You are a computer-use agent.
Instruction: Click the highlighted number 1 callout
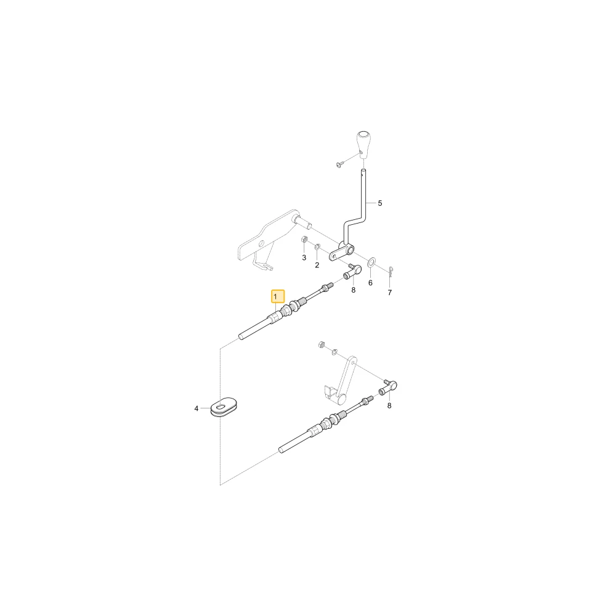click(278, 297)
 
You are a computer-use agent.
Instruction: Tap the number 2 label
click(317, 265)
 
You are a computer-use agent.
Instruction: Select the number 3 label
click(304, 257)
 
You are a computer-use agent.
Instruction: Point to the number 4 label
click(197, 409)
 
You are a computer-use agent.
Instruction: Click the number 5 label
click(380, 203)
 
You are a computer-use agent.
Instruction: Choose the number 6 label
click(370, 283)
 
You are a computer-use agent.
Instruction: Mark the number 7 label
click(390, 293)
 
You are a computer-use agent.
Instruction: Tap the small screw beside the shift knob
click(340, 164)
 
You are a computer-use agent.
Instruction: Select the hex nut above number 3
click(304, 239)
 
